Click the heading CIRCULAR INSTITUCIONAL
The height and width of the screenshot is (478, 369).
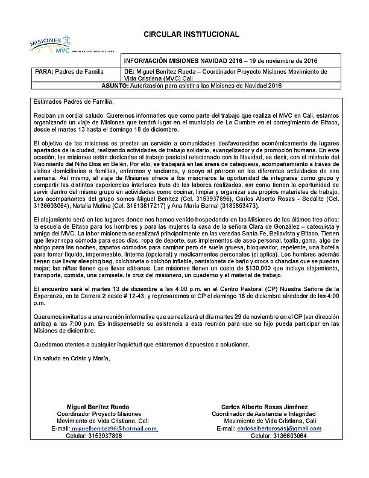191,34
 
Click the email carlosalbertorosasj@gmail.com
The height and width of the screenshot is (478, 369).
279,429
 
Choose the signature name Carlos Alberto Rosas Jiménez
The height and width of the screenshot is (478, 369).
270,407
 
